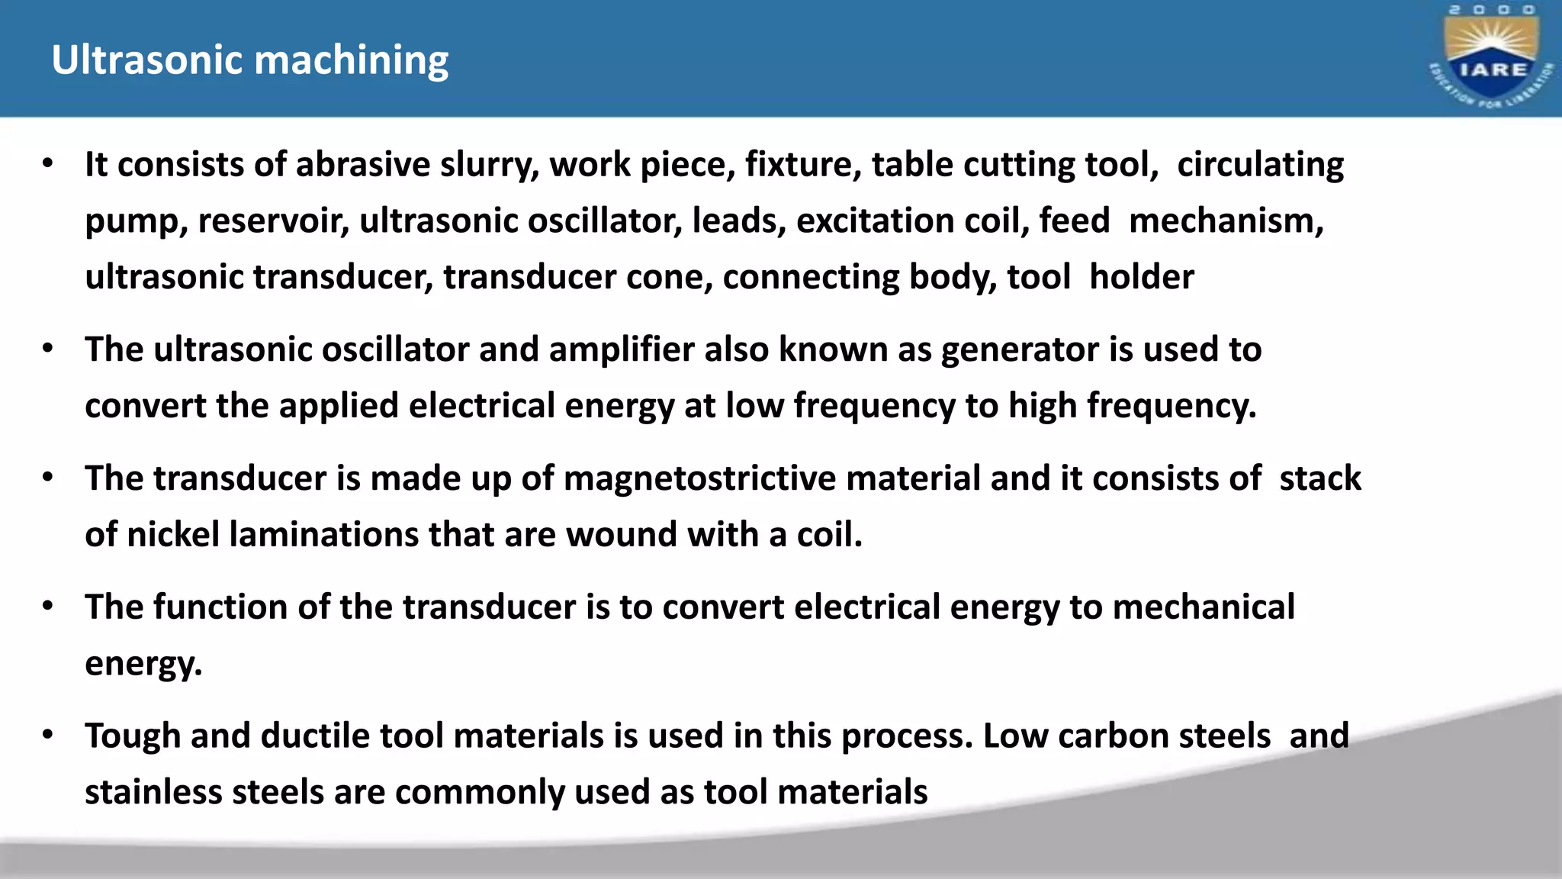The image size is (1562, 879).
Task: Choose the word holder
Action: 1141,277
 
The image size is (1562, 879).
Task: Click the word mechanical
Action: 1204,608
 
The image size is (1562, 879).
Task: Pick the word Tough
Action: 132,736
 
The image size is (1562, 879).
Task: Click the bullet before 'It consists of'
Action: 48,163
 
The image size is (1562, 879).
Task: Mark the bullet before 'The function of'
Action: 48,607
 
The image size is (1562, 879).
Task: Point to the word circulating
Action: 1260,166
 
